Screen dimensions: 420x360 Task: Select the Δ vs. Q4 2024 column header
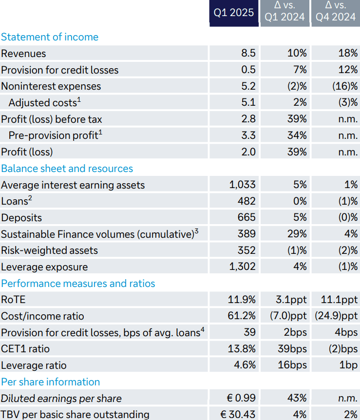336,12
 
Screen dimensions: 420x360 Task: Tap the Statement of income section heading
50,37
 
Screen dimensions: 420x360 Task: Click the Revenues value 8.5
248,54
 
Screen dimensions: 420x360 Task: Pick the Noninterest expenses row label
51,86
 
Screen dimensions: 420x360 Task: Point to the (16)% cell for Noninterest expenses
345,86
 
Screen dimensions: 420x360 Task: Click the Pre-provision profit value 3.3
248,135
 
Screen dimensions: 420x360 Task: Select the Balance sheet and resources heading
67,169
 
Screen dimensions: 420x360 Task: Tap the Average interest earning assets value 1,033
242,185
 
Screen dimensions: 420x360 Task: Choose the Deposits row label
21,218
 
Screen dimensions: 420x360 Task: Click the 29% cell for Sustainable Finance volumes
297,234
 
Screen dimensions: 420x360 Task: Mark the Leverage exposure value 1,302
242,267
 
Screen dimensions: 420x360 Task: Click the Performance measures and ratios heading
78,284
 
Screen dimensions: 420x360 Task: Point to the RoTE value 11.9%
242,300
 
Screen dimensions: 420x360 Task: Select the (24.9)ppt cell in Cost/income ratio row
336,316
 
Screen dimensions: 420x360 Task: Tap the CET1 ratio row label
25,349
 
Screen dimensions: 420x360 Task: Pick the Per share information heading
50,382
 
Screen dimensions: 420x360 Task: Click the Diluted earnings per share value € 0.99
238,398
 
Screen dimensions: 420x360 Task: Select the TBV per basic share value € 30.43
238,415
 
